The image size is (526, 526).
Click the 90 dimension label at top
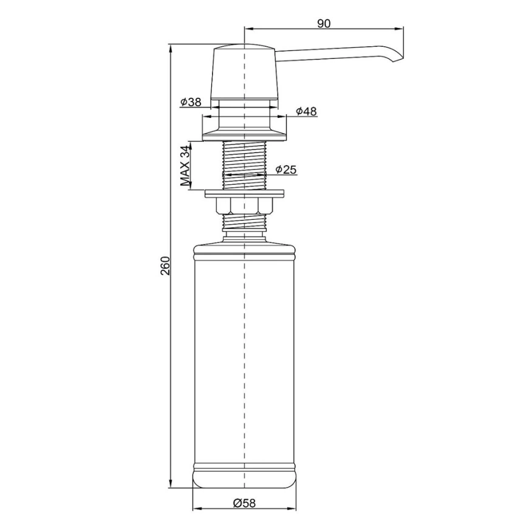point(323,24)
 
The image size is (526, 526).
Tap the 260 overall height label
point(165,265)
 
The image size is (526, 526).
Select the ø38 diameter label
point(191,102)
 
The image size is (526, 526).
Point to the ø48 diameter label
point(306,111)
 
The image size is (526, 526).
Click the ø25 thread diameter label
point(286,169)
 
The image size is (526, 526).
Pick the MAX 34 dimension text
point(185,165)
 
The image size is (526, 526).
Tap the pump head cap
point(245,72)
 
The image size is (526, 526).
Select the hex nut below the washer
point(245,206)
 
